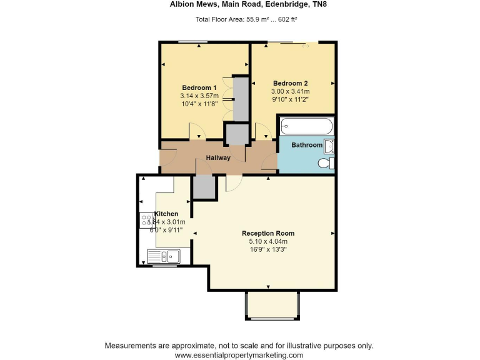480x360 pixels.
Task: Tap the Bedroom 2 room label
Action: [x=291, y=83]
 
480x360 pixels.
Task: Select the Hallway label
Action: [x=218, y=157]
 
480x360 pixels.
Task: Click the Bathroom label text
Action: [x=306, y=145]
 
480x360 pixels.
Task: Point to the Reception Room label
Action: [x=267, y=233]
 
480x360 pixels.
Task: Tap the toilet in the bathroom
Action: [x=325, y=163]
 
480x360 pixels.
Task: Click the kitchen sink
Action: [x=163, y=255]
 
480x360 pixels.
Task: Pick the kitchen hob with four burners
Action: [x=147, y=220]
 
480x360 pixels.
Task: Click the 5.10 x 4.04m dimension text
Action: [x=267, y=241]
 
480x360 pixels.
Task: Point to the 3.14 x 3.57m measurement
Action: [x=199, y=96]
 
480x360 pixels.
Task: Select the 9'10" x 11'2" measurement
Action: [x=291, y=99]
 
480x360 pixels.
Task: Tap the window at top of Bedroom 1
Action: [x=192, y=42]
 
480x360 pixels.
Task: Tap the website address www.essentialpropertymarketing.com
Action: [x=239, y=354]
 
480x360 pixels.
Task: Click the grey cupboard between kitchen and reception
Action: [x=203, y=186]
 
